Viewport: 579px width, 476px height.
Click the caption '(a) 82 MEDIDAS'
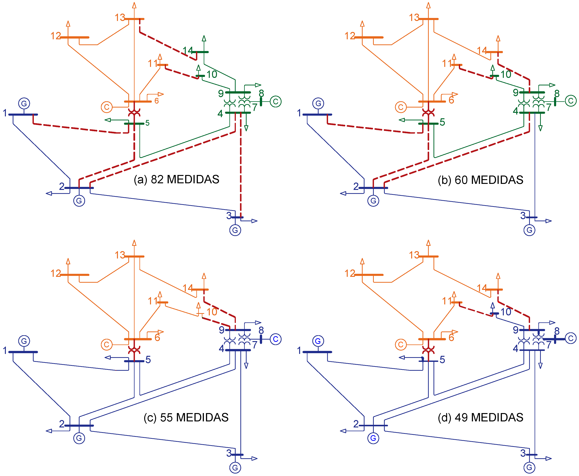[176, 180]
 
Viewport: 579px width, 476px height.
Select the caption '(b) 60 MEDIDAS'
[480, 180]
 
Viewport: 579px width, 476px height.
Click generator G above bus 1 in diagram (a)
[24, 103]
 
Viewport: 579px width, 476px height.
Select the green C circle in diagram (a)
[276, 101]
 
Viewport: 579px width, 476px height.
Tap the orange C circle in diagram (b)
[401, 107]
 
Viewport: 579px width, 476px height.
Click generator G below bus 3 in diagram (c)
[235, 468]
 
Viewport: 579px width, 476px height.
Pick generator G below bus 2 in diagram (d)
[373, 438]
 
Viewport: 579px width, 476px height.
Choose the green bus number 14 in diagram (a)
[187, 50]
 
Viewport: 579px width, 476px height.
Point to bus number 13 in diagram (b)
[414, 18]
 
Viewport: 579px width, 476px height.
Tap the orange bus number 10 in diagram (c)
[212, 312]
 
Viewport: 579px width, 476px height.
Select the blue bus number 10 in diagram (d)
[506, 312]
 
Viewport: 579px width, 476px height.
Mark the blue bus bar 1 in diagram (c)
[23, 352]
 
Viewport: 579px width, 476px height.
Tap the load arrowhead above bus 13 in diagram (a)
[134, 5]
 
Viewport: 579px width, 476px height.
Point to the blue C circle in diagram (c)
[276, 339]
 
